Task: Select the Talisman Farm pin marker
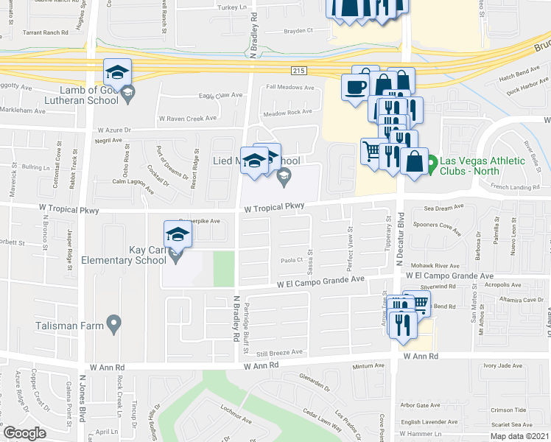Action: point(113,323)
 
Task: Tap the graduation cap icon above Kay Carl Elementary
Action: point(178,234)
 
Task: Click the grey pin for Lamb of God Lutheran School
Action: point(127,92)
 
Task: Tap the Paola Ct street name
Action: point(292,261)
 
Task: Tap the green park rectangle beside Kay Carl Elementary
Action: point(223,268)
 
